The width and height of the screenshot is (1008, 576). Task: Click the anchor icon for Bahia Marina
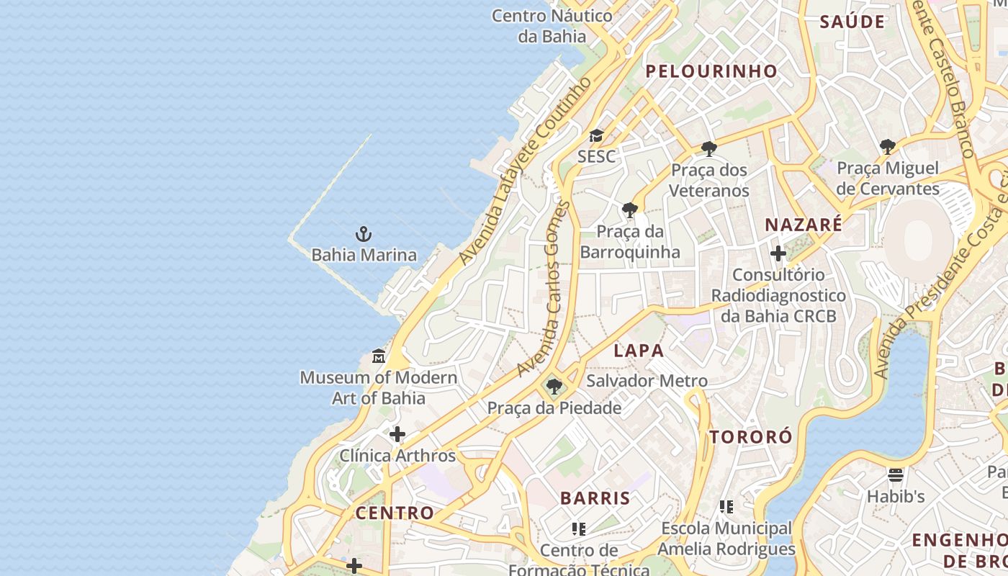(x=364, y=234)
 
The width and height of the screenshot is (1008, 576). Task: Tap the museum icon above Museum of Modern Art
(x=379, y=356)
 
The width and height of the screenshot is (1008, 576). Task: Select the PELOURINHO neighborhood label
(x=711, y=71)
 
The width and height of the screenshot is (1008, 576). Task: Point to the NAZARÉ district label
(x=804, y=225)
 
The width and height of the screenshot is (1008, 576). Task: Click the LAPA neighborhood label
(x=639, y=351)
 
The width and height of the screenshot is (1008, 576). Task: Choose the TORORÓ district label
(x=751, y=437)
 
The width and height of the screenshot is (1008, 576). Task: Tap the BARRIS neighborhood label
(x=595, y=498)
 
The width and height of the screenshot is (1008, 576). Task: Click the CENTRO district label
(x=395, y=513)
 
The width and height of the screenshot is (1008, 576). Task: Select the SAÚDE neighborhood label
(x=852, y=22)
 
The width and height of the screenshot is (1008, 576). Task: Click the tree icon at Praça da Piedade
(x=554, y=387)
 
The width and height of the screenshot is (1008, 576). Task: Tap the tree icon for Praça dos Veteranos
(x=709, y=149)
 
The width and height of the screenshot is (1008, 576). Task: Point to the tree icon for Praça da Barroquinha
(x=630, y=210)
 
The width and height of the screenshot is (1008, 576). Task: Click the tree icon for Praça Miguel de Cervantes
(x=888, y=147)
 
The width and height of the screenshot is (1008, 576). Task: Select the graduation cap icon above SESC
(x=596, y=135)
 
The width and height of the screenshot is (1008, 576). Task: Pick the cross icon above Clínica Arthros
(x=397, y=434)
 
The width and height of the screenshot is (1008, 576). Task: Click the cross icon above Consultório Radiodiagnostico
(x=778, y=253)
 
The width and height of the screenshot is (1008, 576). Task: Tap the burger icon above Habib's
(x=896, y=474)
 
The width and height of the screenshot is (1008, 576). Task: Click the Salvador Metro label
(x=647, y=381)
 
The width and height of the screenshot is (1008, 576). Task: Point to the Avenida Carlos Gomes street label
(x=544, y=288)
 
